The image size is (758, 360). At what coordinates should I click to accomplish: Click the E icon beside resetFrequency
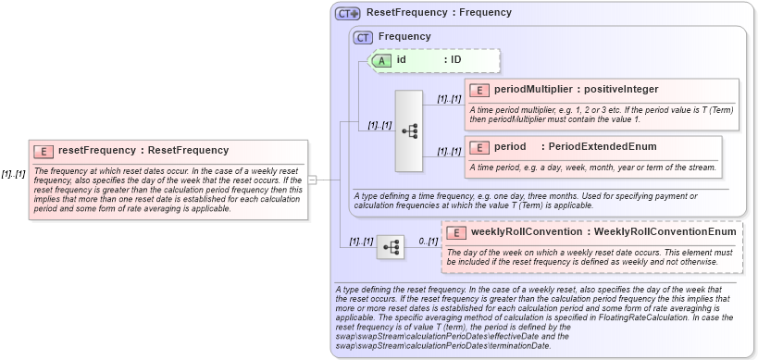[43, 150]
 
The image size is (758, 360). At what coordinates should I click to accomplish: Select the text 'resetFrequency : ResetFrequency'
[143, 150]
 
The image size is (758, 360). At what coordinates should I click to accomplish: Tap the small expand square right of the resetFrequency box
[313, 180]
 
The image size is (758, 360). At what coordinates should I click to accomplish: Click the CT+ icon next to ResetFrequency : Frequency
[348, 13]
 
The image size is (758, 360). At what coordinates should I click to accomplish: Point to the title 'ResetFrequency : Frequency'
[439, 13]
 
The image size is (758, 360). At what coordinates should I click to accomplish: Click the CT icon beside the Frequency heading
[364, 36]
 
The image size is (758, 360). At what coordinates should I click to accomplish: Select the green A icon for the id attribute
[381, 60]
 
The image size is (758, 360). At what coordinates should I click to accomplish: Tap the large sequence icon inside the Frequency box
[409, 130]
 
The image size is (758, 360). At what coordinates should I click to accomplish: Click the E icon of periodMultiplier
[479, 90]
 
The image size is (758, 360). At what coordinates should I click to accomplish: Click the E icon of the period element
[479, 146]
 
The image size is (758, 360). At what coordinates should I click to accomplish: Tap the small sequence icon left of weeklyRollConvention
[391, 247]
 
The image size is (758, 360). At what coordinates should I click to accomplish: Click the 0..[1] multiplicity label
[426, 241]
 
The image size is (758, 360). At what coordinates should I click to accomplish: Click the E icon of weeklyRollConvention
[455, 231]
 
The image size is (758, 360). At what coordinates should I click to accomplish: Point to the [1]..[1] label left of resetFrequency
[14, 174]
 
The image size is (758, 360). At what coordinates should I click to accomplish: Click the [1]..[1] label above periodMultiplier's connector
[449, 98]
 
